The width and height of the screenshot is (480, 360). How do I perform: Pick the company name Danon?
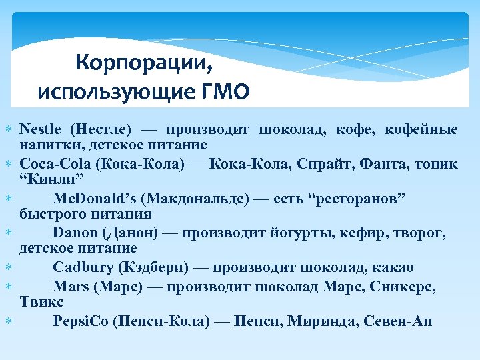pyautogui.click(x=75, y=233)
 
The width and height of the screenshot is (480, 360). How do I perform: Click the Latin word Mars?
pyautogui.click(x=70, y=287)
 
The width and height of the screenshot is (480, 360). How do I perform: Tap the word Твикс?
pyautogui.click(x=37, y=303)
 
